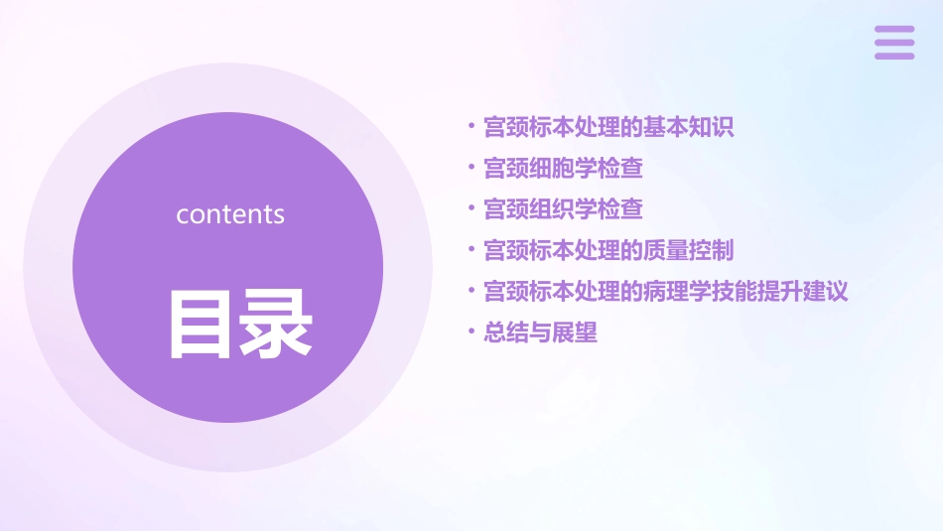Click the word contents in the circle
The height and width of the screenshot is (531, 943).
tap(230, 214)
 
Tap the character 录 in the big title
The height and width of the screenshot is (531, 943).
tap(275, 323)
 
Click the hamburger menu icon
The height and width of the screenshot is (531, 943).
tap(894, 43)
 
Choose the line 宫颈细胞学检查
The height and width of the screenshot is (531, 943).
tap(563, 168)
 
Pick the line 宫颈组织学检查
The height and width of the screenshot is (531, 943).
tap(563, 208)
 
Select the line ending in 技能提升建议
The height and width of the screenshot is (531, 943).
tap(665, 291)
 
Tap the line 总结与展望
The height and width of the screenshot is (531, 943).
tap(540, 332)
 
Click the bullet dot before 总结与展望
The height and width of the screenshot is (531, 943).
tap(471, 332)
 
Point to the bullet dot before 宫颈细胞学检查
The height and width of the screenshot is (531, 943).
tap(471, 168)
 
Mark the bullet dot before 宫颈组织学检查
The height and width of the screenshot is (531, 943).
tap(471, 208)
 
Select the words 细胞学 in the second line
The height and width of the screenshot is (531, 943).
tap(563, 168)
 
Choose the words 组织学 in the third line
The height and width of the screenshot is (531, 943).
tap(563, 208)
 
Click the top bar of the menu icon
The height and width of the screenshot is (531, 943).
tap(894, 30)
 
